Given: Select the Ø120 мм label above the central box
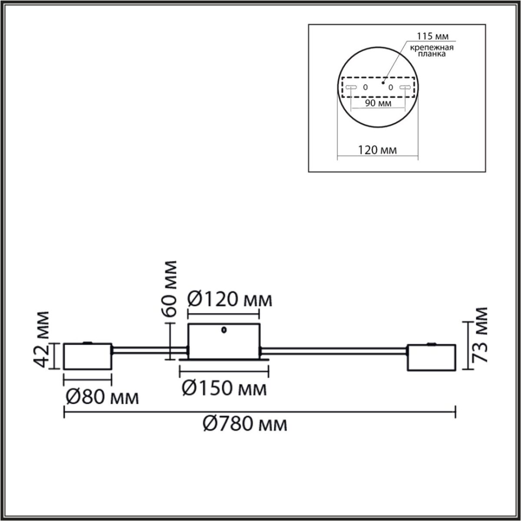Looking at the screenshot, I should [x=230, y=300].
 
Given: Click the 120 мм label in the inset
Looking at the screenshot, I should [x=377, y=150].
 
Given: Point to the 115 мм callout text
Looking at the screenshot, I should [x=429, y=36].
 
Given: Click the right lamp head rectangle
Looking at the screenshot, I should [x=431, y=358].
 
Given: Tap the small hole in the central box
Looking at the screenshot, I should [x=224, y=330].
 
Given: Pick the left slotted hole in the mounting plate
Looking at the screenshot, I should [x=351, y=87].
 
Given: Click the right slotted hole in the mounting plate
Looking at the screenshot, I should [x=405, y=87].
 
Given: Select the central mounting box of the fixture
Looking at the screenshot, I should [x=224, y=341].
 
